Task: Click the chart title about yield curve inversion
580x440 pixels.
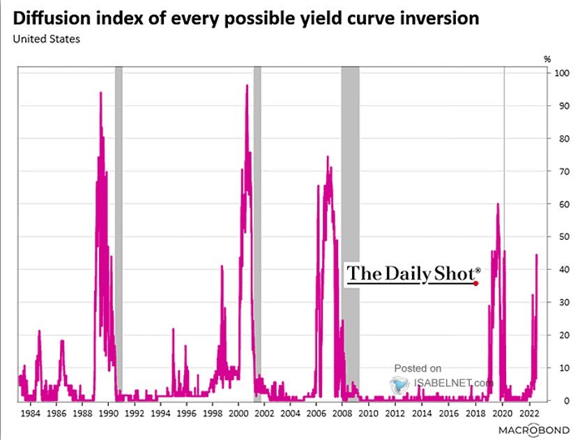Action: (x=245, y=18)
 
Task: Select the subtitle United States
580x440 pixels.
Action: (x=46, y=39)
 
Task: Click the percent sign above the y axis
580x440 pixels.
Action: (x=547, y=59)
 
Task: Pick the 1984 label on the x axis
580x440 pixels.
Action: (x=31, y=413)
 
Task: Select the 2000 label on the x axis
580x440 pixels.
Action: (x=238, y=413)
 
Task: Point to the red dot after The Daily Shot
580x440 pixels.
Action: (x=476, y=283)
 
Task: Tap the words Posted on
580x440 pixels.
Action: (x=418, y=368)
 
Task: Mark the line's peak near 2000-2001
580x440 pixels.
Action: (x=247, y=86)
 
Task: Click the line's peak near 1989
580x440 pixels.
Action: (x=101, y=93)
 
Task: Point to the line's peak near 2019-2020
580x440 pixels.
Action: (x=498, y=204)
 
